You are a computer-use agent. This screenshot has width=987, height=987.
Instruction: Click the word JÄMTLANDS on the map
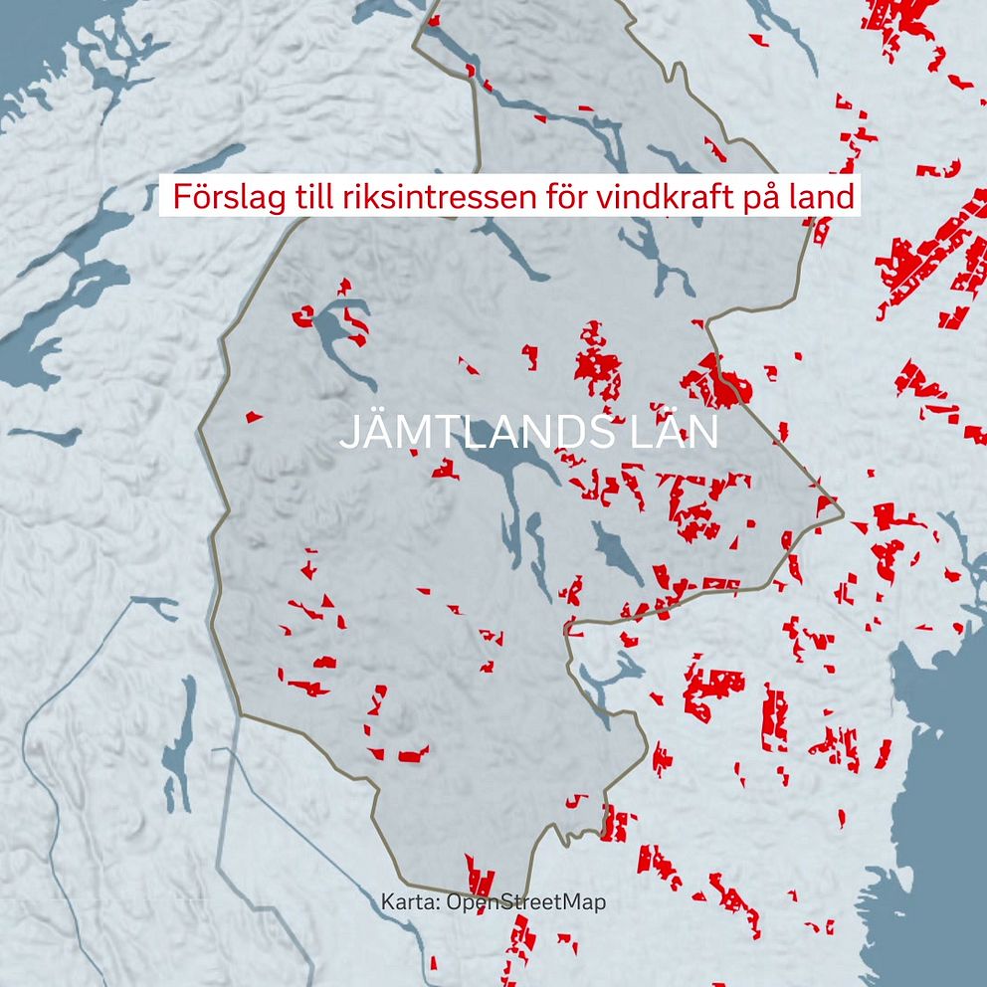467,434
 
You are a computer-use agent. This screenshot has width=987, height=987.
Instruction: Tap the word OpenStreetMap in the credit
526,902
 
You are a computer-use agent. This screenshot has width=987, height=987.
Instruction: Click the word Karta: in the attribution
411,902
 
